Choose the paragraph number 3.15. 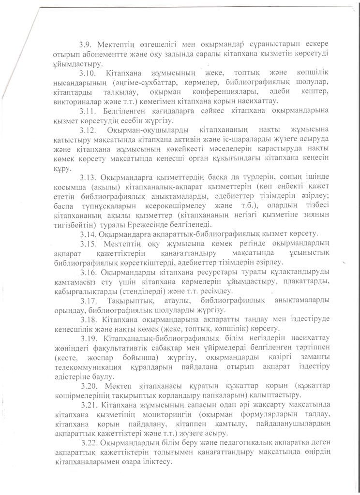[x=88, y=244]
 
